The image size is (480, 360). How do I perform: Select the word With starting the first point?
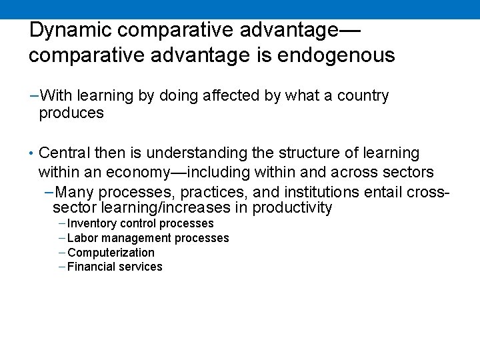point(55,96)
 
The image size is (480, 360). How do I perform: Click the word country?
point(363,96)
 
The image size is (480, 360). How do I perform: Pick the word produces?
point(71,113)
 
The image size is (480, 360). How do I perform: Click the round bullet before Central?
point(32,155)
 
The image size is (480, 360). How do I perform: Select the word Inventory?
point(93,223)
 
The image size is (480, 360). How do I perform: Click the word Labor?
point(82,238)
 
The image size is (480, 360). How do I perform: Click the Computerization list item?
point(111,253)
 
